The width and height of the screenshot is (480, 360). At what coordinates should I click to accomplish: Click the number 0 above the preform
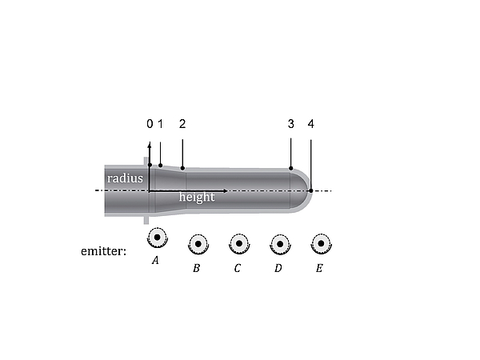(150, 124)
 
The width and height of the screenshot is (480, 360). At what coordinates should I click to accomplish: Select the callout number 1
(161, 124)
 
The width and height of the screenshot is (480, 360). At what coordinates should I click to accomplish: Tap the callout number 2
(182, 124)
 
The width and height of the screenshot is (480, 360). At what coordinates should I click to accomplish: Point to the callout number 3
(291, 124)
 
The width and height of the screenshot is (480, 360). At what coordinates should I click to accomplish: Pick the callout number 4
(311, 124)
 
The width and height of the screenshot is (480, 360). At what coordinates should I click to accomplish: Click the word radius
(125, 178)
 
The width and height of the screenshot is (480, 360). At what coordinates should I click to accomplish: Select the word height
(197, 197)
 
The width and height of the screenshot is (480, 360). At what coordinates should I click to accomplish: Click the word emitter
(103, 251)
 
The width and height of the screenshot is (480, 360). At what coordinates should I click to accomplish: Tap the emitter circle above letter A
(158, 238)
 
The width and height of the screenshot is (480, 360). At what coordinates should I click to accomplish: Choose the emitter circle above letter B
(198, 244)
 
